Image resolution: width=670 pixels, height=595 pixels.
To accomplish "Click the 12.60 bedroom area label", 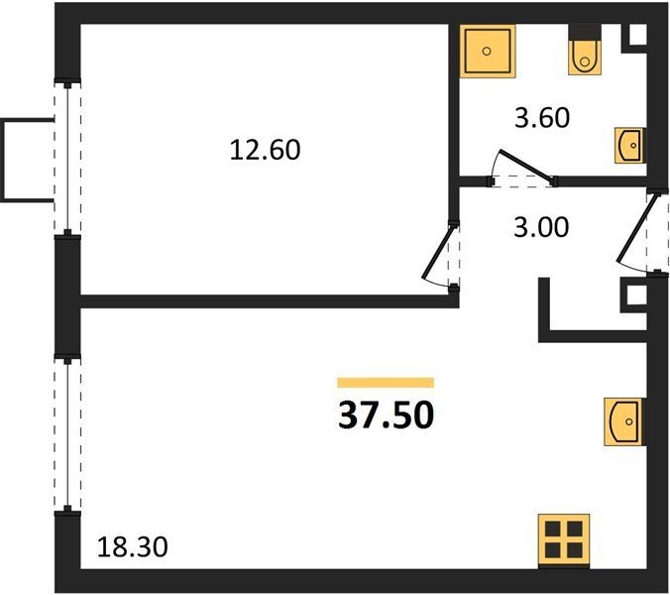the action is pyautogui.click(x=265, y=150).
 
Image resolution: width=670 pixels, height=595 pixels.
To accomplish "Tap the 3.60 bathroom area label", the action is pyautogui.click(x=542, y=118).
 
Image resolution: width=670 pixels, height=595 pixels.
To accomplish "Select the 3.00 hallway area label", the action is pyautogui.click(x=541, y=227).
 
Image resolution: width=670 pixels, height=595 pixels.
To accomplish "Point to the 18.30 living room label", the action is pyautogui.click(x=132, y=547).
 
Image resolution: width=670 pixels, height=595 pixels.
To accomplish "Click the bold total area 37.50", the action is pyautogui.click(x=386, y=416).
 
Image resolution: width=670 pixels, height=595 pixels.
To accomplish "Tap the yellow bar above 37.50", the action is pyautogui.click(x=386, y=383).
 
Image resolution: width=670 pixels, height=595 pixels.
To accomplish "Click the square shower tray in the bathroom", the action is pyautogui.click(x=487, y=52).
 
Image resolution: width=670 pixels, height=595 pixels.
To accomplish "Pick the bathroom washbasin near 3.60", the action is pyautogui.click(x=629, y=146).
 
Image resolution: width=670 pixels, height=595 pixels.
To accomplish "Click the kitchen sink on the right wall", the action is pyautogui.click(x=623, y=421).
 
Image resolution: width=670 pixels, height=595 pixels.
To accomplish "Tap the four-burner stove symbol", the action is pyautogui.click(x=564, y=539).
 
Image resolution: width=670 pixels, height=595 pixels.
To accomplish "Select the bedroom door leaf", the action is pyautogui.click(x=437, y=252).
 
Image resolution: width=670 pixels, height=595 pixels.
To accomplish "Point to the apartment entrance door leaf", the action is pyautogui.click(x=636, y=228).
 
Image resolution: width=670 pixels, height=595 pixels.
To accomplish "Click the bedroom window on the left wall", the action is pyautogui.click(x=67, y=158).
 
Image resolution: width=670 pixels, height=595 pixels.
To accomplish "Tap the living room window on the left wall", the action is pyautogui.click(x=67, y=433).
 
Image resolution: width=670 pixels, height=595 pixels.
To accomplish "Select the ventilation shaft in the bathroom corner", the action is pyautogui.click(x=633, y=39).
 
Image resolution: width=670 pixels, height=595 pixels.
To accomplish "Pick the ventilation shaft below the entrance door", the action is pyautogui.click(x=633, y=296).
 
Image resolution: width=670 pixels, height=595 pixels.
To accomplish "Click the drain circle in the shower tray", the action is pyautogui.click(x=487, y=52).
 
